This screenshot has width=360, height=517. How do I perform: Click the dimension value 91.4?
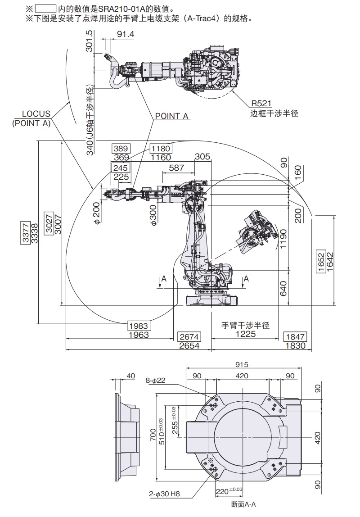(x=125, y=35)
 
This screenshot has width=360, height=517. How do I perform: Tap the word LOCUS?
(x=36, y=114)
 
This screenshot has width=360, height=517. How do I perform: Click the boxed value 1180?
(x=161, y=149)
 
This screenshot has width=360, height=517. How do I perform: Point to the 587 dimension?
(x=176, y=168)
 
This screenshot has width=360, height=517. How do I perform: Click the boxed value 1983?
(x=139, y=326)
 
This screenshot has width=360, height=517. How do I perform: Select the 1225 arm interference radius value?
(x=245, y=334)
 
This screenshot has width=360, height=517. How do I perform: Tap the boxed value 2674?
(x=189, y=337)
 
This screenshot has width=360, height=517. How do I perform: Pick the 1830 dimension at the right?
(x=295, y=345)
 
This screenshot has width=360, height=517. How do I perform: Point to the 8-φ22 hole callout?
(x=156, y=381)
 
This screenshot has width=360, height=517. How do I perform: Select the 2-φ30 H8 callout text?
(x=164, y=494)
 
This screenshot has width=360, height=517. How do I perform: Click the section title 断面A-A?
(x=243, y=505)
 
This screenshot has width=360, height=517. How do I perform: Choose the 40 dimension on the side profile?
(x=131, y=376)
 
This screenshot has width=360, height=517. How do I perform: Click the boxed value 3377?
(x=26, y=232)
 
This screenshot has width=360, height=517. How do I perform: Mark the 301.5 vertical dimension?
(x=89, y=41)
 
